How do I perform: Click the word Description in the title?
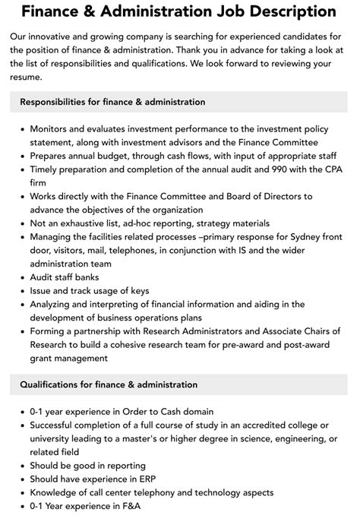point(271,12)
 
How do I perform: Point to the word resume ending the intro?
point(29,77)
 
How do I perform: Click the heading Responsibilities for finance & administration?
point(112,102)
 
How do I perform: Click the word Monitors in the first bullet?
point(52,129)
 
